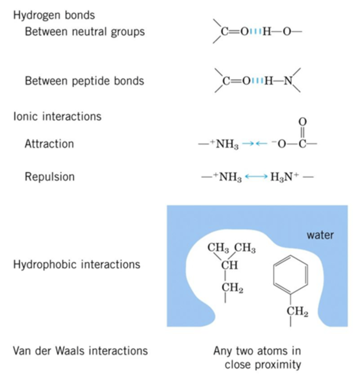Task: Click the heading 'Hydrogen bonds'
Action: tap(54, 15)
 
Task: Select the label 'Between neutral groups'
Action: tap(85, 32)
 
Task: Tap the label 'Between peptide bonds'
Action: tap(84, 81)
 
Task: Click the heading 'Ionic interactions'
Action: tap(57, 116)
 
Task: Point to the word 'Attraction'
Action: tap(49, 144)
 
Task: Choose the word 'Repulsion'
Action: tap(50, 177)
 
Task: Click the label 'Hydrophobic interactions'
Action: tap(77, 264)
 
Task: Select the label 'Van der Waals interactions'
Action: tap(81, 351)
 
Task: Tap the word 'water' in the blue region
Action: tap(320, 235)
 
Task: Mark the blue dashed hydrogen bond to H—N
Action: tap(257, 81)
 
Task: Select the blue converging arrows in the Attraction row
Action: tap(255, 144)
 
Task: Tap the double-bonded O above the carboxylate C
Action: tap(303, 122)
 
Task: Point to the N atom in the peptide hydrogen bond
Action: tap(288, 81)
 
